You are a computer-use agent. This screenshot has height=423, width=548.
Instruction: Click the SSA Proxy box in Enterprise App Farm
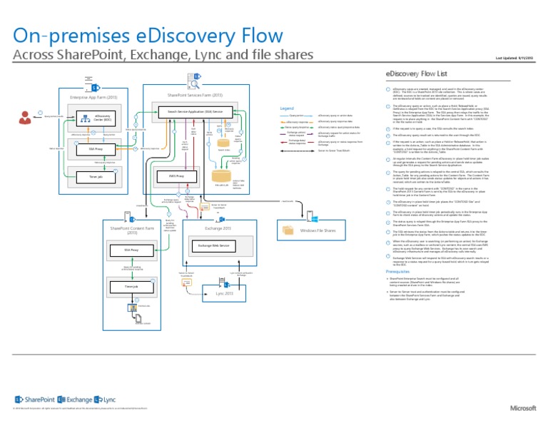(x=92, y=149)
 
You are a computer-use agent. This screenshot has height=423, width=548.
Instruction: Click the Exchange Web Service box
(x=214, y=245)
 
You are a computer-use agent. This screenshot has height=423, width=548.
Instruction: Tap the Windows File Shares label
(x=318, y=230)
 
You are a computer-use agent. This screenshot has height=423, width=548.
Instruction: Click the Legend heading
(x=288, y=108)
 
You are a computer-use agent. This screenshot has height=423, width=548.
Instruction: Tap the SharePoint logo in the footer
(x=34, y=399)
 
